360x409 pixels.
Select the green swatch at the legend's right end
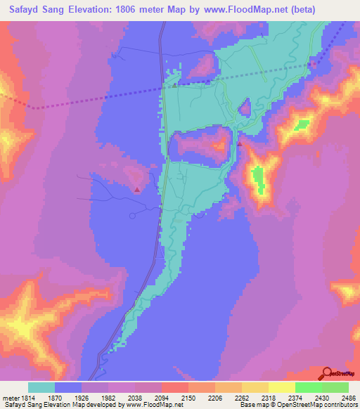pos(335,387)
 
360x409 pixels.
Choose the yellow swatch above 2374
pos(281,387)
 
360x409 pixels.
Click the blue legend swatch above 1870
pos(68,387)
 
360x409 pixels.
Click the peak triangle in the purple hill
pos(136,189)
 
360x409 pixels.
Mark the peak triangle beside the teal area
pos(239,143)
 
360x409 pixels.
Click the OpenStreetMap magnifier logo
pos(328,373)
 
